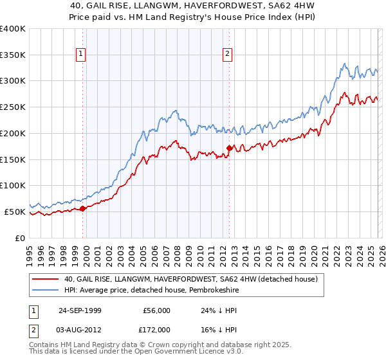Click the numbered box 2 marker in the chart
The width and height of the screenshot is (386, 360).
[x=228, y=55]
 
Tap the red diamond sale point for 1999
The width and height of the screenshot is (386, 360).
[x=83, y=208]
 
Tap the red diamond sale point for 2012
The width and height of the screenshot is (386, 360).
[x=229, y=148]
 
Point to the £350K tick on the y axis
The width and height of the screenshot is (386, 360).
[x=13, y=55]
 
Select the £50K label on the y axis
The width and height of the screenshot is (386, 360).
[x=15, y=212]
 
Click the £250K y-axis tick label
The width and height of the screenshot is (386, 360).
[x=13, y=107]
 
